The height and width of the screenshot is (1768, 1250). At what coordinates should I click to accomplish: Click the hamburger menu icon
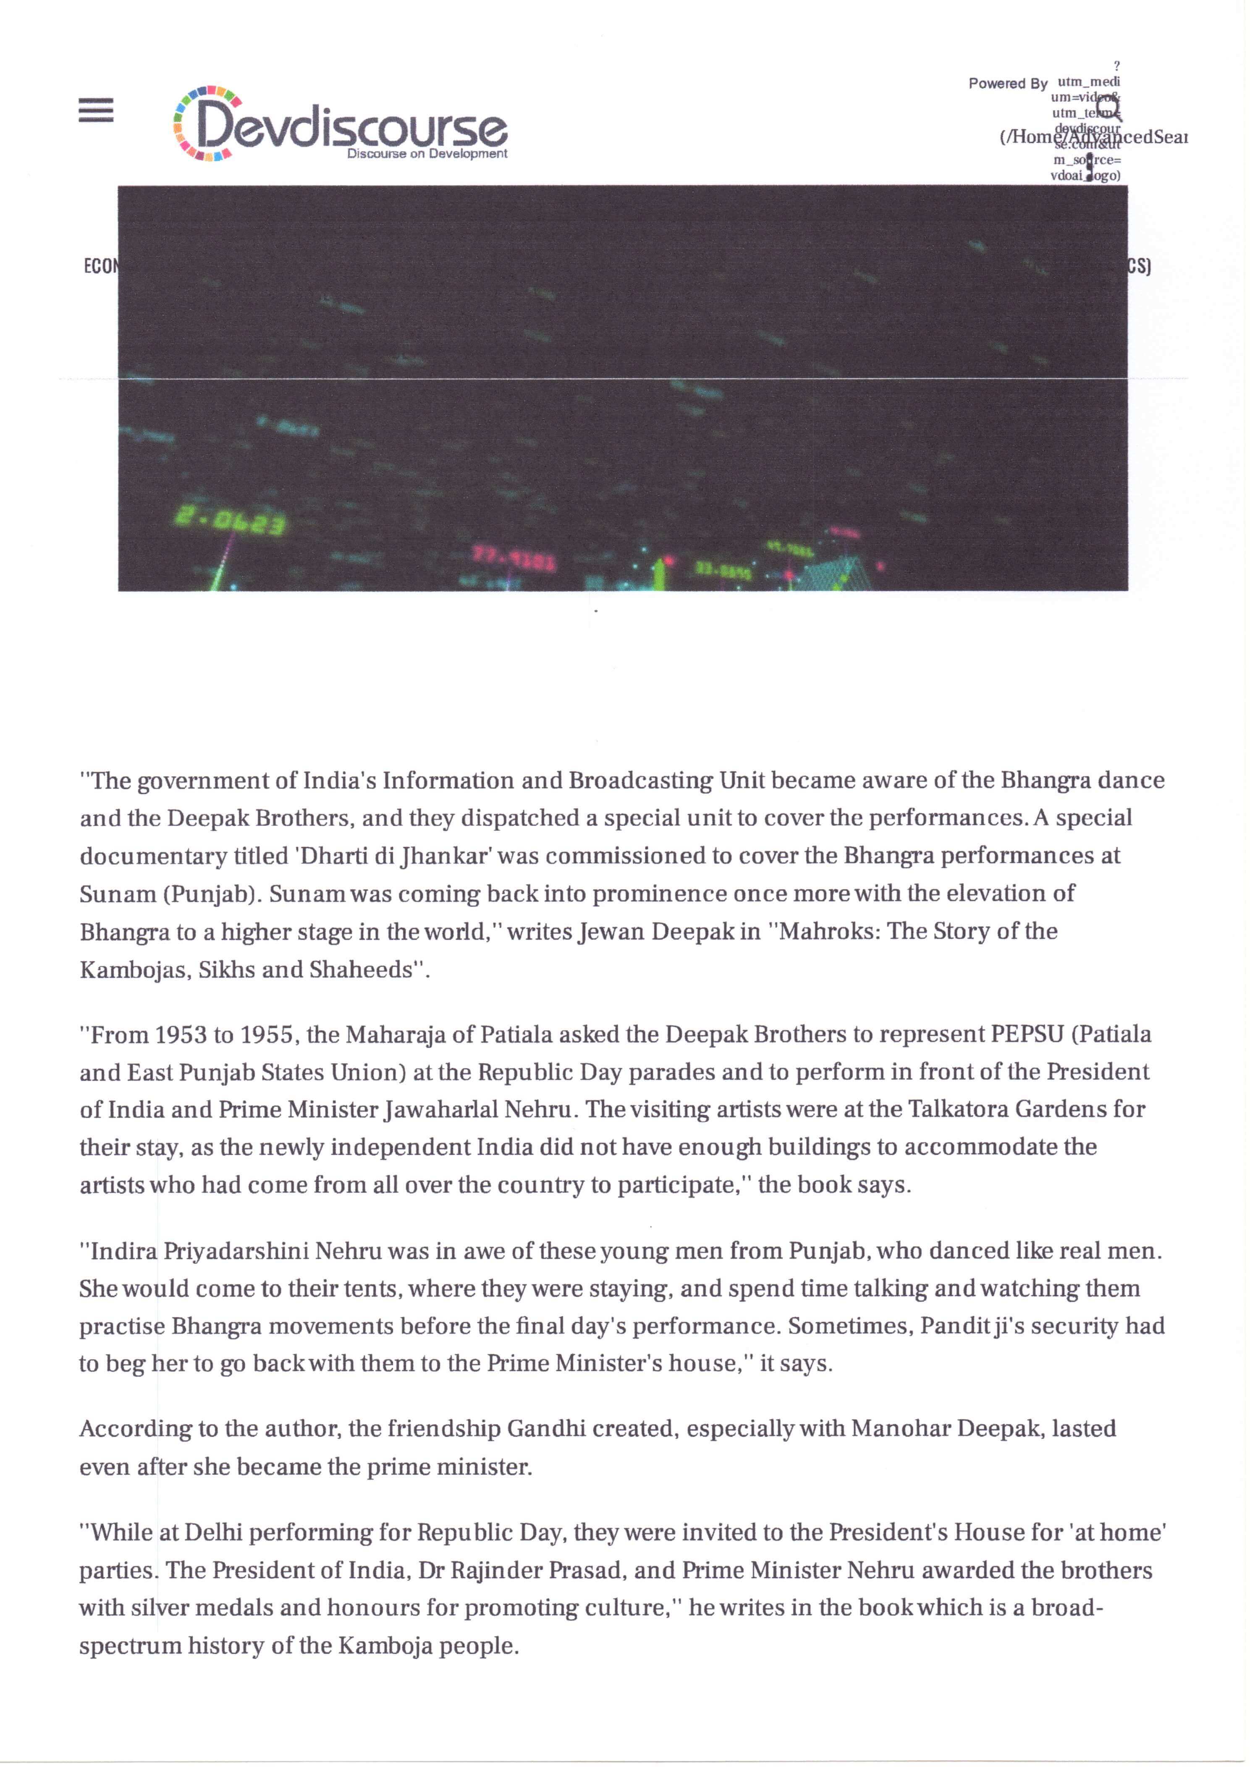tap(96, 110)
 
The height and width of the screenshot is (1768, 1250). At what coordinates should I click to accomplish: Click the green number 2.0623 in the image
tap(230, 522)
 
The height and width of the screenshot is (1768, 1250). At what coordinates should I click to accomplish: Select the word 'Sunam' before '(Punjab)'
tap(118, 893)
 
